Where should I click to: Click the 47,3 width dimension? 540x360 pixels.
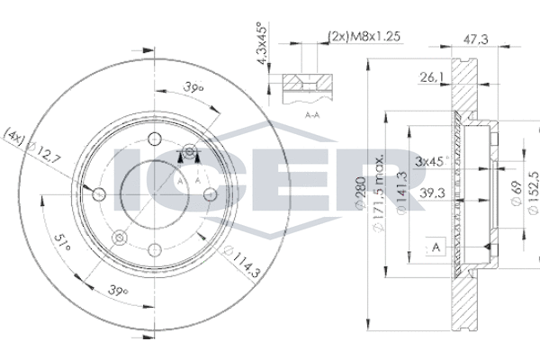475,40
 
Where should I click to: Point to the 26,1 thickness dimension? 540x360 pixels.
431,77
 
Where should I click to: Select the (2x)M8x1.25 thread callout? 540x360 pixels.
364,36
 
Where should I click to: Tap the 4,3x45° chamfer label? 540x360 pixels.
263,43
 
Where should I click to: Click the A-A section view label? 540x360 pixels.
312,115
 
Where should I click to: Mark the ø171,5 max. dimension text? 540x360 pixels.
379,193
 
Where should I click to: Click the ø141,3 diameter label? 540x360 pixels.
402,193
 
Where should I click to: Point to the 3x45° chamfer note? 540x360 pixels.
432,161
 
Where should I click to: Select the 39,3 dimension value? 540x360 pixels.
432,193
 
